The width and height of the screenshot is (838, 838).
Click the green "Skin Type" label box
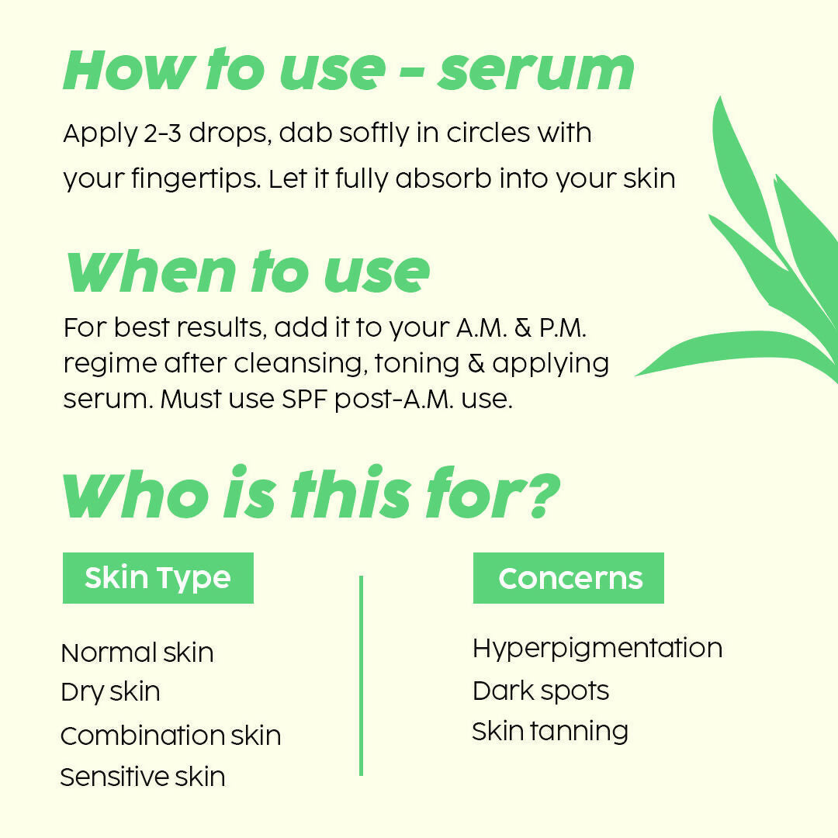coord(158,578)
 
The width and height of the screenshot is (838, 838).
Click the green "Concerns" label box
coord(569,578)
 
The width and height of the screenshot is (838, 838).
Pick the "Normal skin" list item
coord(137,653)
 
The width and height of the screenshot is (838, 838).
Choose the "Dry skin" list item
coord(110,692)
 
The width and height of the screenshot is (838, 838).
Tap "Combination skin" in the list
coord(171,736)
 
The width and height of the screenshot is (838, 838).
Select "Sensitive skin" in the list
coord(143,777)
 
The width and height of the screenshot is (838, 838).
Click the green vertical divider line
coord(361,675)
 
